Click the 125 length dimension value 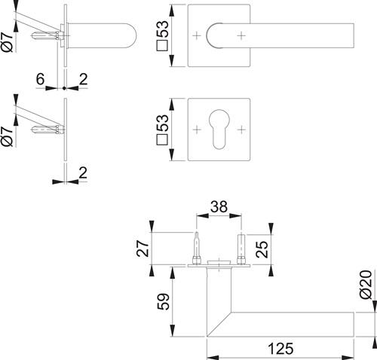[x=280, y=349]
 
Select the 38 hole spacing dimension [x=219, y=207]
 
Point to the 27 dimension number [x=143, y=249]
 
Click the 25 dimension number [x=262, y=249]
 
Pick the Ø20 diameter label [x=366, y=285]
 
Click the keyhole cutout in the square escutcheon [x=219, y=130]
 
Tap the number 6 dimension [x=40, y=79]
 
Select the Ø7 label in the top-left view [x=7, y=41]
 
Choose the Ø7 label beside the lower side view [x=7, y=136]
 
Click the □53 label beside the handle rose [x=162, y=35]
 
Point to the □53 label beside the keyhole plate [x=162, y=130]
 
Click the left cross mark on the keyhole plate [x=197, y=130]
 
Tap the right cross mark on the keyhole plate [x=241, y=130]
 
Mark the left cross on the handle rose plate [x=197, y=35]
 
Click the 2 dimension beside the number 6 [x=83, y=79]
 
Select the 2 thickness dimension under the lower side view [x=83, y=172]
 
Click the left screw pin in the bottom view [x=197, y=248]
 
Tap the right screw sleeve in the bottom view [x=241, y=249]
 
